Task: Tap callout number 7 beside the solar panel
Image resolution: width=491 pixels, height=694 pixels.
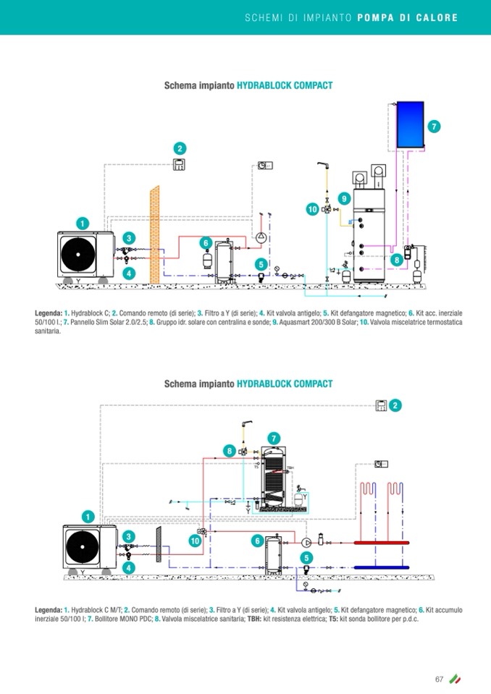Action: coord(434,127)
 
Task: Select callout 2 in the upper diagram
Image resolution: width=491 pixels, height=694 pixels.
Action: coord(180,148)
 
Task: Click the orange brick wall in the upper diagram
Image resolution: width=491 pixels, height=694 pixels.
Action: coord(154,234)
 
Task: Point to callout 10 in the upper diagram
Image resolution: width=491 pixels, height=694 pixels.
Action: coord(312,209)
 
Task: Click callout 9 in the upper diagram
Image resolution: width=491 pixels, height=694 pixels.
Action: coord(344,198)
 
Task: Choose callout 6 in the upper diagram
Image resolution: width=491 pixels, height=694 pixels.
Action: coord(206,242)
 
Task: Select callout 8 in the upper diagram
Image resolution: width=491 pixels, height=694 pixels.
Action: coord(397,259)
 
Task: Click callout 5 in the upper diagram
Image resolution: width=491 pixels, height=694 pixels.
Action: coord(261,264)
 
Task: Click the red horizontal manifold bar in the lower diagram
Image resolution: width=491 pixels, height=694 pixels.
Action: coord(381,542)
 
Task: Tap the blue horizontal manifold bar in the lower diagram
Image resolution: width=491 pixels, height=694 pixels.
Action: coord(381,567)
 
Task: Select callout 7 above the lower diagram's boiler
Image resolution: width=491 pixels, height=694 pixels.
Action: coord(274,438)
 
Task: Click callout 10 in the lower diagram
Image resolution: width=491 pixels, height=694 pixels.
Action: coord(195,541)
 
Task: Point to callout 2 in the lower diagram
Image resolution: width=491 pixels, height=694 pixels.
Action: coord(395,405)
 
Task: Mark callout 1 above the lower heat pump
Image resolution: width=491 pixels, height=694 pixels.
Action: coord(88,516)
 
